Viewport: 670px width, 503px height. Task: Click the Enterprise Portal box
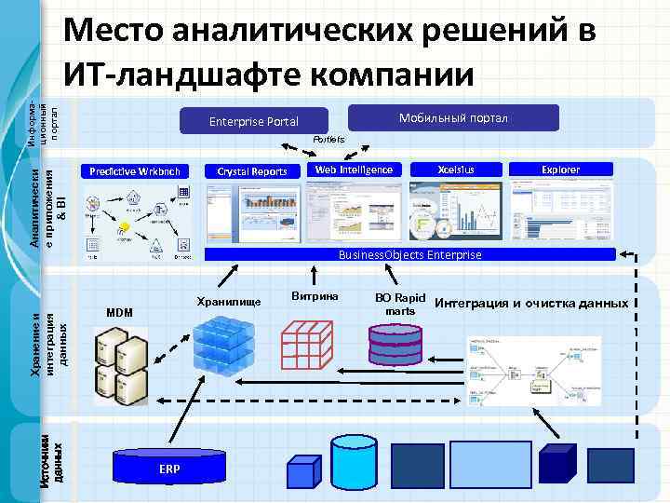(253, 121)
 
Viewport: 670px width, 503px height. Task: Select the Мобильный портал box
(452, 117)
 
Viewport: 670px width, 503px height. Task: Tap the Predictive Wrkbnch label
(136, 170)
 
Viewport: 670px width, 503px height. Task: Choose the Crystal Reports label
(251, 170)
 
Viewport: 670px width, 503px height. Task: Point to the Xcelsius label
(456, 170)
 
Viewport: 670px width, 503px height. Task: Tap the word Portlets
(328, 139)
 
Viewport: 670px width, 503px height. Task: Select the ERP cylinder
(168, 467)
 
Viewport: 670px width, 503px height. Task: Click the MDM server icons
(120, 363)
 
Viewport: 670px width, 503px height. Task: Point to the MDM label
(120, 312)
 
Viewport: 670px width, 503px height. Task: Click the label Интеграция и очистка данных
(530, 303)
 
